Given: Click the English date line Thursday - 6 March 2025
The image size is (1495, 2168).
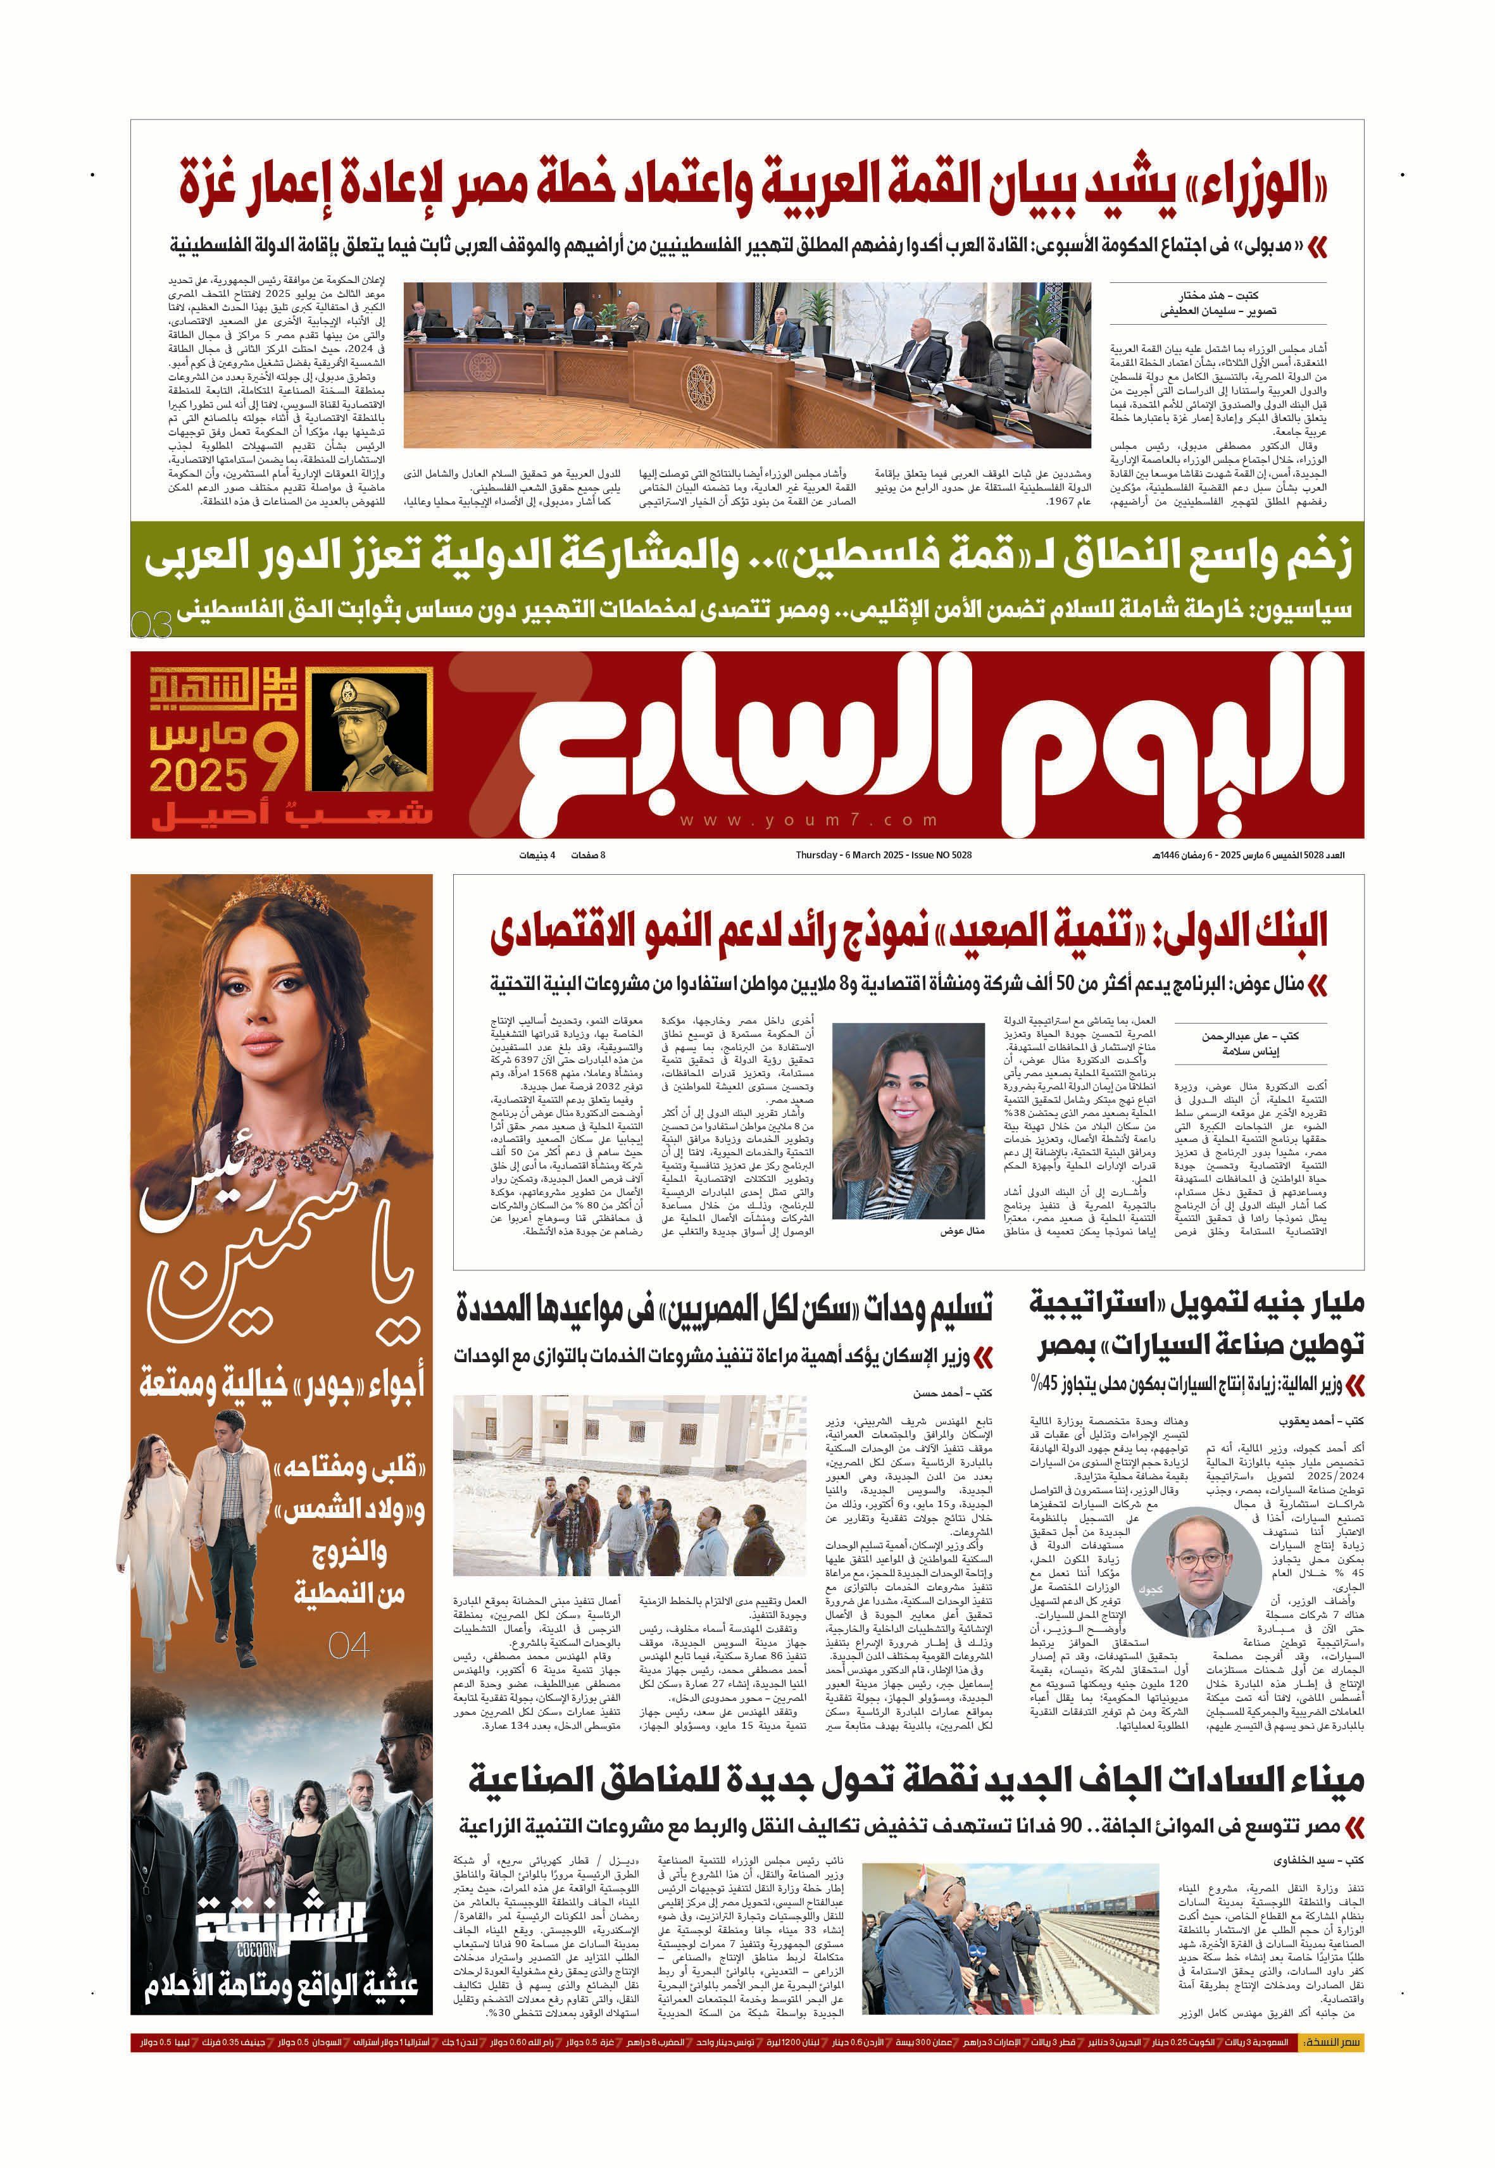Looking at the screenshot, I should pos(884,855).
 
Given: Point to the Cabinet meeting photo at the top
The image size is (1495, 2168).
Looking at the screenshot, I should pos(747,365).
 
